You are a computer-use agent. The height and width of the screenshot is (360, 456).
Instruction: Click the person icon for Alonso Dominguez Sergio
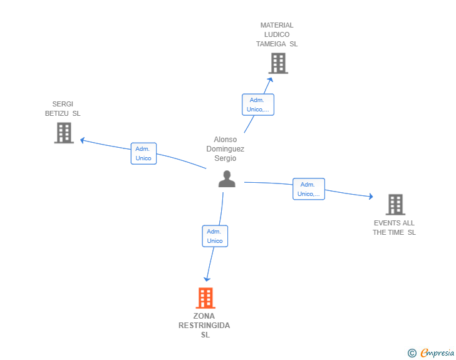point(227,179)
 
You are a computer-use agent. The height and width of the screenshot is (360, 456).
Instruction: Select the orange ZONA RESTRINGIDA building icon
point(205,298)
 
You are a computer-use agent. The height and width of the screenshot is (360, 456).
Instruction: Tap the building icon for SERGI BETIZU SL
point(64,133)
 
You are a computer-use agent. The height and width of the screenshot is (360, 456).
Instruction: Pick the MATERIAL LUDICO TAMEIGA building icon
point(278,63)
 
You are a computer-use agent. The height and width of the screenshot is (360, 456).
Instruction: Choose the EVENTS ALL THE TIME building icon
point(395,205)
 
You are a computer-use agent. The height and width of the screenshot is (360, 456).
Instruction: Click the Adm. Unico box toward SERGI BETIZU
point(143,153)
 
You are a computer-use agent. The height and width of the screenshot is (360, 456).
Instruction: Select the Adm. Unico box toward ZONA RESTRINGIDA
point(215,236)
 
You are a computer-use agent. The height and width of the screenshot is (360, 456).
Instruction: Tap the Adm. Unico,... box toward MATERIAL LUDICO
point(258,105)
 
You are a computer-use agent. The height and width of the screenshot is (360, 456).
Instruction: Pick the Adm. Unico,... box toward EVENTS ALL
point(309,189)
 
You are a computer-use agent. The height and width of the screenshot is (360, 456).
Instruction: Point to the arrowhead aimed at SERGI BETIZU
point(82,140)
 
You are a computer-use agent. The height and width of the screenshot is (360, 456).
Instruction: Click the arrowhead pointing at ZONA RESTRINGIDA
point(207,279)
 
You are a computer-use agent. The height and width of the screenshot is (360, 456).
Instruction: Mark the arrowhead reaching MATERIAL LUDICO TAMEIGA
point(270,80)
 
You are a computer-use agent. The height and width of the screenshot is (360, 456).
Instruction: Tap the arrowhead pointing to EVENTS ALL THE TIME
point(371,197)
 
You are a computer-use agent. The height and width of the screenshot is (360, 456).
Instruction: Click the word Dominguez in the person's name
point(225,149)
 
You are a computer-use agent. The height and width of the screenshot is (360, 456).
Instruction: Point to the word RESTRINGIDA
point(204,326)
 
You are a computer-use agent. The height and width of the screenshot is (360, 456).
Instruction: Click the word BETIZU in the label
point(57,113)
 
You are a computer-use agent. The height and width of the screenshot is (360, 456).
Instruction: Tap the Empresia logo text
point(437,352)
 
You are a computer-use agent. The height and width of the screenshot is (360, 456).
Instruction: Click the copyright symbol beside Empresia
point(412,353)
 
